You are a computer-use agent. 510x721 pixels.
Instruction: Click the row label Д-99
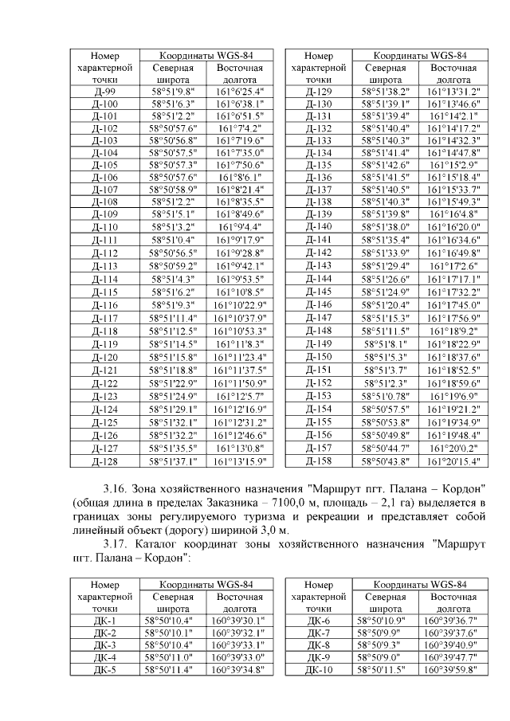click(105, 92)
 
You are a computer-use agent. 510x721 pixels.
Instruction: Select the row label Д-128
click(105, 462)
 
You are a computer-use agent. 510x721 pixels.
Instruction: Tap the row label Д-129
click(318, 92)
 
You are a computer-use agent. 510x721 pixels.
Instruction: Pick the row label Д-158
click(318, 462)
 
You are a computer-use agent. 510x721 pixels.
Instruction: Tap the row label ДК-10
click(318, 670)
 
